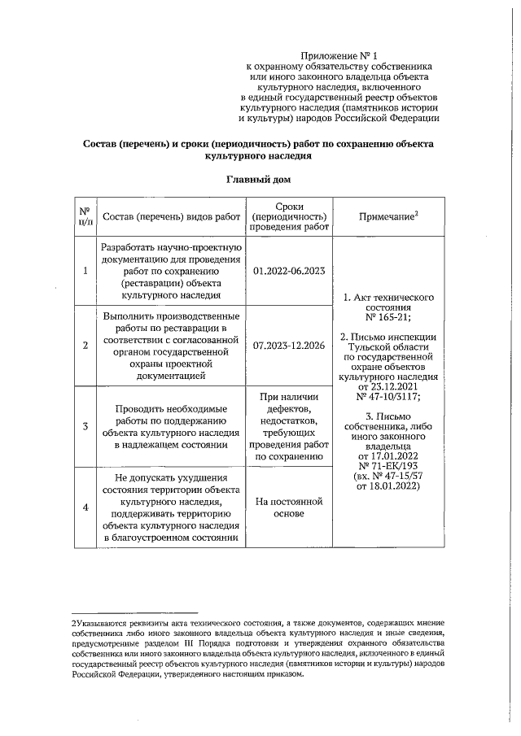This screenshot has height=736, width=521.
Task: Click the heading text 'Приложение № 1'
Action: (341, 53)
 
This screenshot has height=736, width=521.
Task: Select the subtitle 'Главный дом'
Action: (260, 178)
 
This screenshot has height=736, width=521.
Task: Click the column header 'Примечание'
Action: (387, 216)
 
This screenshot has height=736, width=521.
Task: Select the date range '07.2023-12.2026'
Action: (290, 346)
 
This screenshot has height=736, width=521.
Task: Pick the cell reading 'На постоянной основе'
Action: (290, 508)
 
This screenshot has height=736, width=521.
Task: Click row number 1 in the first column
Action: (85, 272)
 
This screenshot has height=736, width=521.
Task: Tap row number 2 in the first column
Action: (85, 346)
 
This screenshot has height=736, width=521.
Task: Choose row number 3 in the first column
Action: (85, 426)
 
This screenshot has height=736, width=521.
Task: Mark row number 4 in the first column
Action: (85, 508)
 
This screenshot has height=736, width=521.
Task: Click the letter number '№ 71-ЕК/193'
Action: (387, 466)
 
